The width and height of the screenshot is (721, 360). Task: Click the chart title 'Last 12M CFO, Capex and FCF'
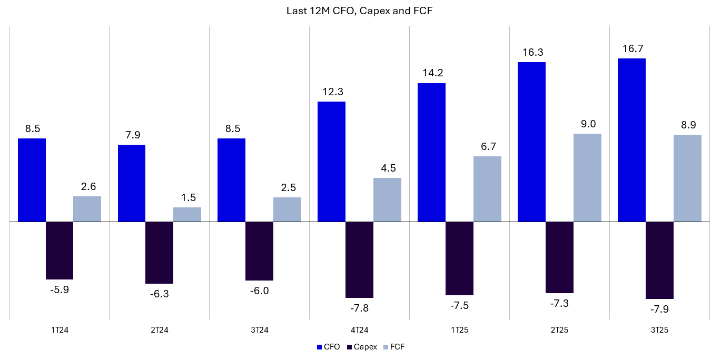(360, 11)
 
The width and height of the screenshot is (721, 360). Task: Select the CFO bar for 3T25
(631, 140)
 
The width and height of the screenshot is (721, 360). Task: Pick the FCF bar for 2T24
(187, 215)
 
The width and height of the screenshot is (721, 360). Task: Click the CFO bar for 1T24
(32, 180)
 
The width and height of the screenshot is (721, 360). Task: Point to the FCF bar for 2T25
(587, 177)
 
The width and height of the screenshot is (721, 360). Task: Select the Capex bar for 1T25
(459, 258)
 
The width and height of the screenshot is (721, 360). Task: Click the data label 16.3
(531, 53)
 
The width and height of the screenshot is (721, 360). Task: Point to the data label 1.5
(187, 197)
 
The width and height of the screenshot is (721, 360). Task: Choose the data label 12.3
(331, 92)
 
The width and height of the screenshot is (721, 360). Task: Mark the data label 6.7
(488, 146)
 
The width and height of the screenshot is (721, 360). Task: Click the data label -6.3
(159, 294)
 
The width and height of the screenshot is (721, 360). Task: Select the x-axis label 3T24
(259, 330)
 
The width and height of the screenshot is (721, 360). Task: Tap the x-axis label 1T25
(459, 330)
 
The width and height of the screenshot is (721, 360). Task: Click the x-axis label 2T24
(159, 330)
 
